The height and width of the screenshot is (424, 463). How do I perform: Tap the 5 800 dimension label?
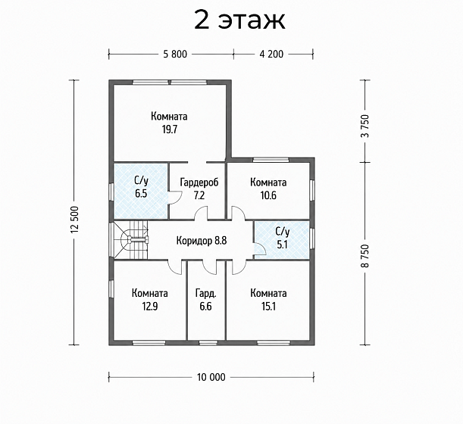[175, 55]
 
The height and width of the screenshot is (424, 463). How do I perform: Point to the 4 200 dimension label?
[271, 55]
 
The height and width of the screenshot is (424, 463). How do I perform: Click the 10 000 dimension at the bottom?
[211, 377]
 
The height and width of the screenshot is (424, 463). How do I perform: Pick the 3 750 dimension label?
[365, 126]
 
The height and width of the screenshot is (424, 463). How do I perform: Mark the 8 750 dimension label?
[365, 256]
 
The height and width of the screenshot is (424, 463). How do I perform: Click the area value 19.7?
[169, 129]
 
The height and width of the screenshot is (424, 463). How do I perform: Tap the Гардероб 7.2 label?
[199, 189]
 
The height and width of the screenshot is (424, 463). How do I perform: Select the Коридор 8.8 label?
[202, 241]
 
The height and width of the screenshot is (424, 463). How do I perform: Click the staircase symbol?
[131, 240]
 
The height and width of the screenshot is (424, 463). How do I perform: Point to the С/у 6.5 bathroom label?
[141, 188]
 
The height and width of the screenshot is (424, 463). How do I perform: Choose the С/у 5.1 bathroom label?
[283, 238]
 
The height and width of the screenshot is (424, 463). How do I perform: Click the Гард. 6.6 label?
[205, 300]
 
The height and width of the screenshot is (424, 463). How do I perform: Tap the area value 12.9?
[150, 307]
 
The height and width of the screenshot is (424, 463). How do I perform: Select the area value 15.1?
[268, 307]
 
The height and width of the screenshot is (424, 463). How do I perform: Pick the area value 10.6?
[268, 195]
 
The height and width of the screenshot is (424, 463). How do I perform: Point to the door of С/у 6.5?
[175, 198]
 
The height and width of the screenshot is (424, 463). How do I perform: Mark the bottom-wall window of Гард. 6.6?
[208, 342]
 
